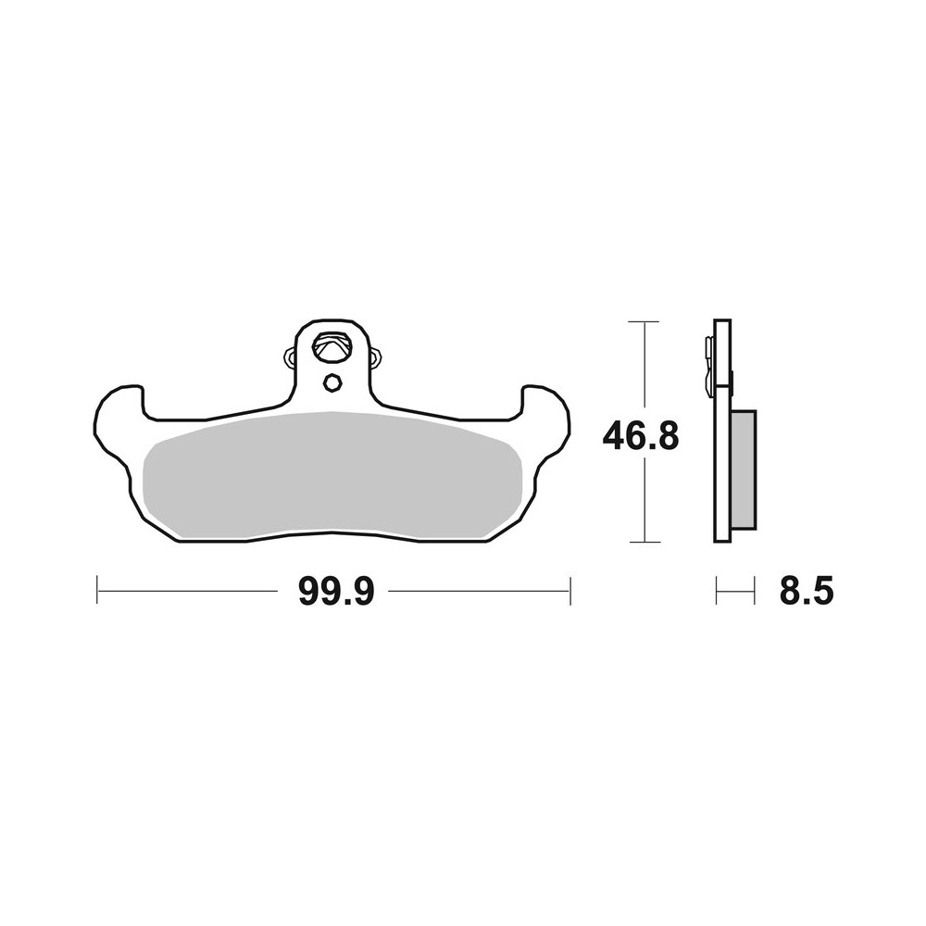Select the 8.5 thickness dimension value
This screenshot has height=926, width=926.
[x=807, y=592]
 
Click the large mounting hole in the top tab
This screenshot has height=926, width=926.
[x=332, y=349]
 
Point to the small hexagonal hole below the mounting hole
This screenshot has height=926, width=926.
[x=332, y=382]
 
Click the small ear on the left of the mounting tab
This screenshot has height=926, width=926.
[x=288, y=357]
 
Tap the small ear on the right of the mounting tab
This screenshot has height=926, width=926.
[x=377, y=357]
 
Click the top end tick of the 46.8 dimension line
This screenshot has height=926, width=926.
[x=643, y=321]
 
